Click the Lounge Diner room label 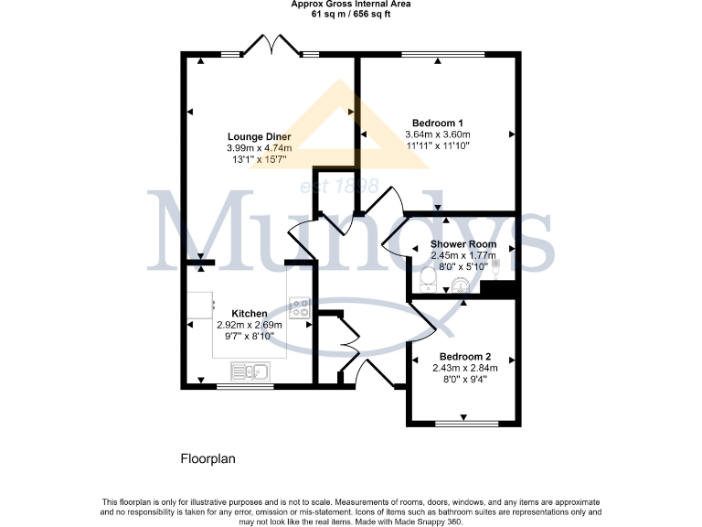click(259, 136)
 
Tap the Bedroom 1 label click(438, 123)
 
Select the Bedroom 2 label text click(465, 357)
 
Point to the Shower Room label click(463, 244)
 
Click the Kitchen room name click(250, 313)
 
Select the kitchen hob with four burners click(300, 309)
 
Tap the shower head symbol click(495, 265)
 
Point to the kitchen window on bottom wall click(244, 386)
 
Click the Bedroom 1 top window click(431, 55)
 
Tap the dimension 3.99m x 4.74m click(259, 147)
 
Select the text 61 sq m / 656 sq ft click(351, 14)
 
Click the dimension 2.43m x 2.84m click(465, 368)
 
